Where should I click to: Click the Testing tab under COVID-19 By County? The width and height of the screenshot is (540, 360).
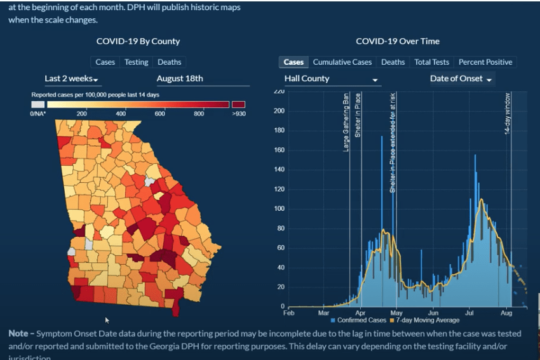pos(136,62)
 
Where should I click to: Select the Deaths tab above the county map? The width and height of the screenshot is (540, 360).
pos(170,62)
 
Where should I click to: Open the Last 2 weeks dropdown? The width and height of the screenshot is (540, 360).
pos(71,79)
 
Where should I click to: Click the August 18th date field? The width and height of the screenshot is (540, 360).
pos(180,79)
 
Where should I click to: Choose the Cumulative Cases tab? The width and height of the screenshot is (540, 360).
pos(342,62)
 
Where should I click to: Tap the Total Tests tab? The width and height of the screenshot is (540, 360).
pos(431,62)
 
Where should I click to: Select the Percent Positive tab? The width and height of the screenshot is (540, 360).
pos(485,62)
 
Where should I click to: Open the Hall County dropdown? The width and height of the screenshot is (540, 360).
pos(332,79)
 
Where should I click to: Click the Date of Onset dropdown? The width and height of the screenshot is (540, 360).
pos(461,79)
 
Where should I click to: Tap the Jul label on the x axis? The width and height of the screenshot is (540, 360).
pos(470,313)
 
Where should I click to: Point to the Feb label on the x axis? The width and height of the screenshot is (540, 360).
pos(288,313)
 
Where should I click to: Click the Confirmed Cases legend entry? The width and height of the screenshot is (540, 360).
pos(360,320)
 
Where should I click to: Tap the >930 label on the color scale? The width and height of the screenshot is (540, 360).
pos(239,114)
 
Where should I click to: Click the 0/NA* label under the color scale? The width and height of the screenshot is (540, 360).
pos(38,114)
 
